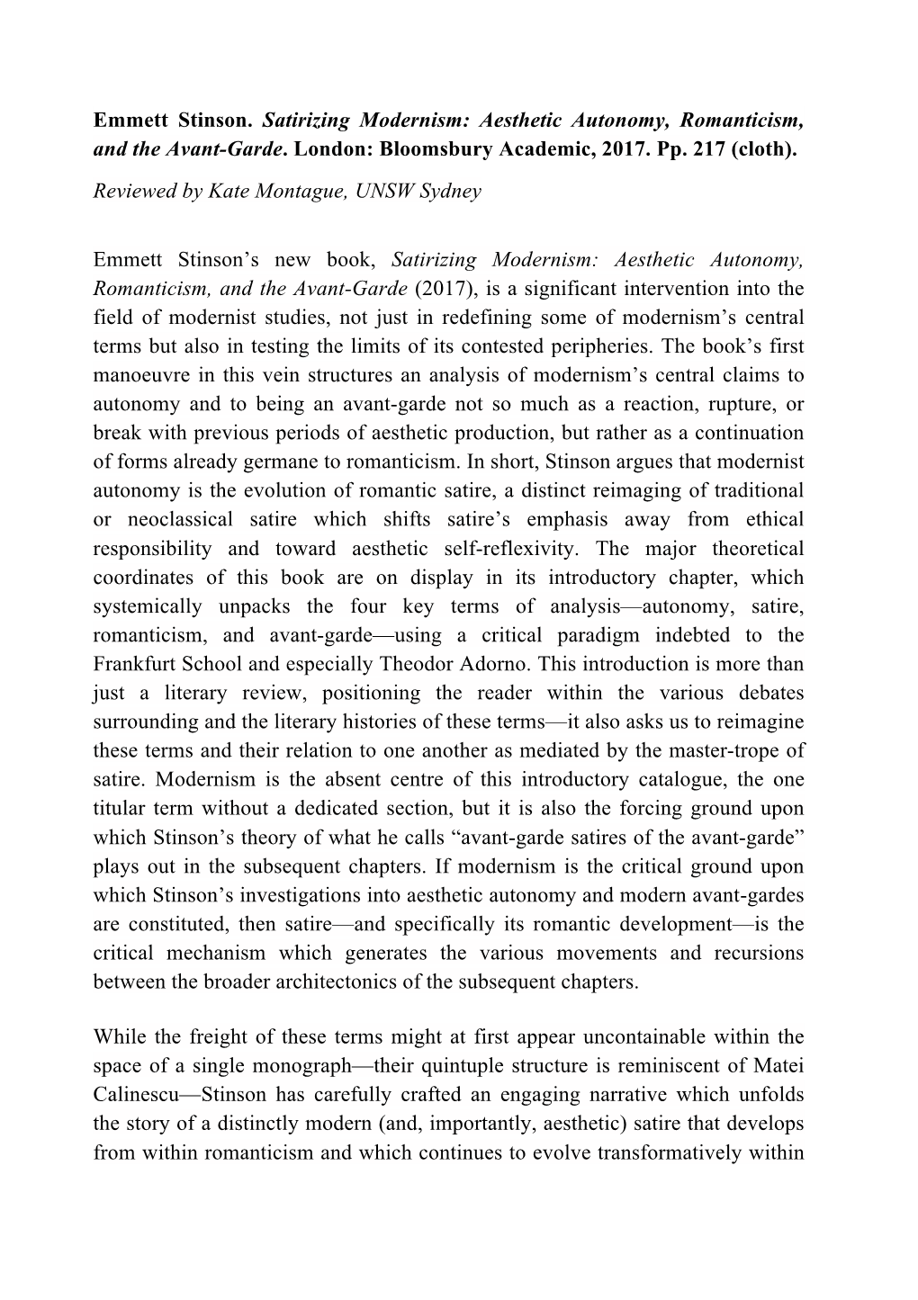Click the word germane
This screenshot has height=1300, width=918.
click(266, 462)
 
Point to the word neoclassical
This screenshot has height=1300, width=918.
click(190, 520)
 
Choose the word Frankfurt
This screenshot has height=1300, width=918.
click(133, 664)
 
